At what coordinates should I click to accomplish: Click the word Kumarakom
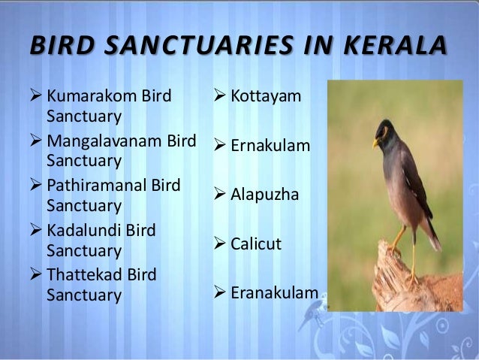[x=87, y=96]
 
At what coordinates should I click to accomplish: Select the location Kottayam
[x=266, y=96]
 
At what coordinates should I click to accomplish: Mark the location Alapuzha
[x=264, y=195]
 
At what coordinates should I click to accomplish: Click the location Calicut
[x=256, y=244]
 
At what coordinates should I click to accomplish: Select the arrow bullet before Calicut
[x=220, y=244]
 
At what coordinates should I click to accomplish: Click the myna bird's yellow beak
[x=376, y=142]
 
